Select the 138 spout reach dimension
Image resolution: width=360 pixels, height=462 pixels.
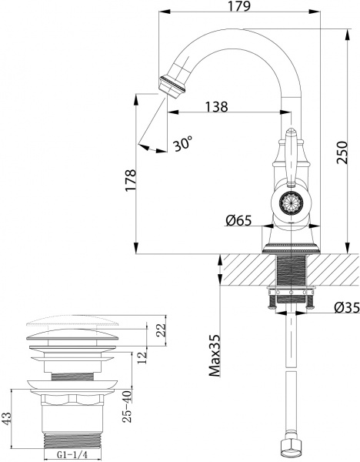tap(216, 108)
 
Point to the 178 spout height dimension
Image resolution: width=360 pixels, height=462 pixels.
tap(131, 179)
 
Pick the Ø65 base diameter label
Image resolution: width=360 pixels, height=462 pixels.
tap(239, 221)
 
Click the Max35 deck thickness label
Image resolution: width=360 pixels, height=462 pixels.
tap(215, 353)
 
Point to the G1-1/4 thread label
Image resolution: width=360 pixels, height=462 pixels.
tap(73, 455)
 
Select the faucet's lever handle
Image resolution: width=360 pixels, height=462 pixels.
tap(292, 158)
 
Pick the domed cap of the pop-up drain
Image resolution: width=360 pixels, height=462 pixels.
tap(74, 326)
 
